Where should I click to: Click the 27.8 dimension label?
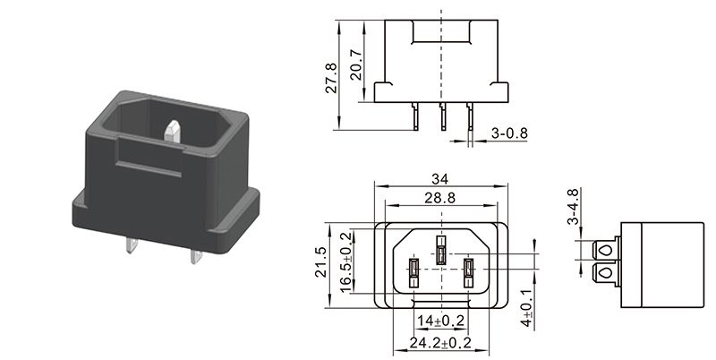coord(331,78)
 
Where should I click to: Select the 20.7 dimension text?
coord(356,64)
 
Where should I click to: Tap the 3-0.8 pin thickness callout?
coord(509,133)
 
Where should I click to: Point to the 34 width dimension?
coord(439,178)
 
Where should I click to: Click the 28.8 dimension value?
coord(439,198)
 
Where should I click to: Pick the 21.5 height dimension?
coord(320,261)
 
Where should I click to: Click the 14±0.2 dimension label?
coord(440,321)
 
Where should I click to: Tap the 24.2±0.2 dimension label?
coord(439,343)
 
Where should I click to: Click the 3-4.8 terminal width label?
coord(573,207)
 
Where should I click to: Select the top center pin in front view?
coord(440,250)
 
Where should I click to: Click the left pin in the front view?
coord(413,273)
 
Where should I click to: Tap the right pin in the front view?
coord(468,273)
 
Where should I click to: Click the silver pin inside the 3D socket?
coord(172,130)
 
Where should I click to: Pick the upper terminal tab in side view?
coord(603,251)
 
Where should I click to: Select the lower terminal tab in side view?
coord(603,273)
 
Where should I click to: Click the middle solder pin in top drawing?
coord(442,116)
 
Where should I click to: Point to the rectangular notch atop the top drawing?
coord(440,32)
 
